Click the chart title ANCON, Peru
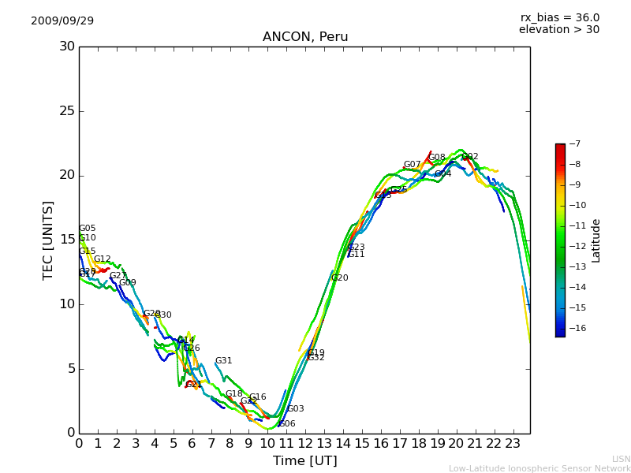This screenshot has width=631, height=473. tap(305, 37)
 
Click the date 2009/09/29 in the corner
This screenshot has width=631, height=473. tap(62, 20)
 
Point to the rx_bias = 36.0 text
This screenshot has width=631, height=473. tap(559, 17)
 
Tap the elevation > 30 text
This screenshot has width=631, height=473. tap(558, 30)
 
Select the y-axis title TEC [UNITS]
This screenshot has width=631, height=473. tap(48, 240)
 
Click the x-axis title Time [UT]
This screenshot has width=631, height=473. tap(304, 461)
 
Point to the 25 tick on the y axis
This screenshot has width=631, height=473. tap(67, 111)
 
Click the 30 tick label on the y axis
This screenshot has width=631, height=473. tap(67, 47)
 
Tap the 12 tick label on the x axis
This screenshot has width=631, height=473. tap(305, 443)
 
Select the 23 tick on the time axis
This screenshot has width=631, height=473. tap(513, 443)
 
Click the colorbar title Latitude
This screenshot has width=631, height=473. tap(596, 240)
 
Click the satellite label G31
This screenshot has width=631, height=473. tap(224, 361)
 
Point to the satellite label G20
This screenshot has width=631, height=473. tap(339, 278)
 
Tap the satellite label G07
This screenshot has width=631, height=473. tap(413, 166)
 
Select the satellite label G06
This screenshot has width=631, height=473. tap(286, 424)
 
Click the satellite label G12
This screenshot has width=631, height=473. tap(103, 259)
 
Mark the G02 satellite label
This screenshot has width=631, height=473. tap(470, 157)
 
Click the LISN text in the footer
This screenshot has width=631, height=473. tap(621, 459)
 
